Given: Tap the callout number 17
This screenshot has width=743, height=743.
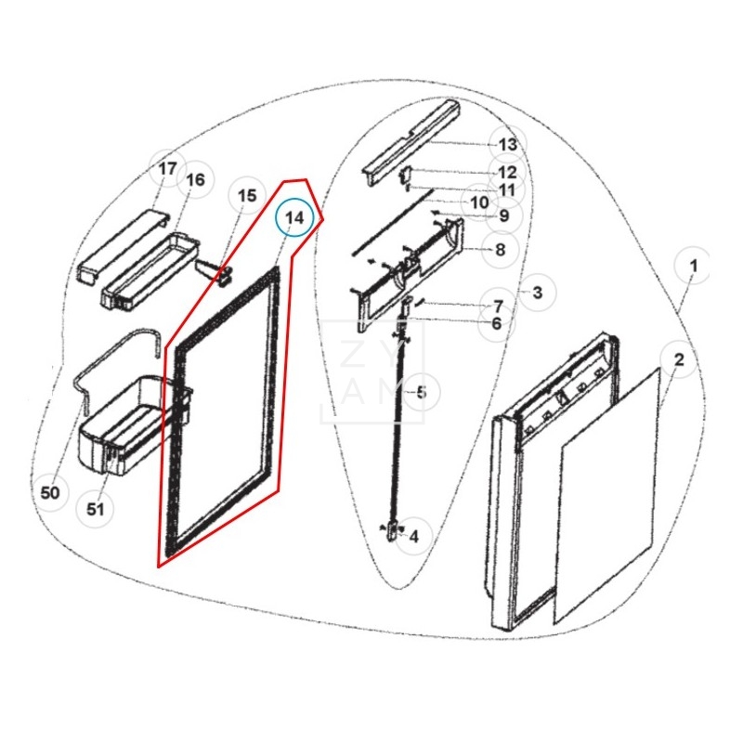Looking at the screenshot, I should point(167,169).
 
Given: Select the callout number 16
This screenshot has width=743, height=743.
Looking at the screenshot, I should point(195,179).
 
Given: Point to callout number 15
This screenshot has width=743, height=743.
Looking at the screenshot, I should point(246,196).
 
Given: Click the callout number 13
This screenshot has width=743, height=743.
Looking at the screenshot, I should point(507,145).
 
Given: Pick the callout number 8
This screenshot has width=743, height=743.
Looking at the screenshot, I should point(500,250).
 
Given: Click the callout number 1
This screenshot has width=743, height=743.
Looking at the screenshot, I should point(692,267).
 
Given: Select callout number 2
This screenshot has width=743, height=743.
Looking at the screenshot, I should point(679,359).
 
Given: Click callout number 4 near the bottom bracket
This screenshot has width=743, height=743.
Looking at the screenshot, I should point(413,536).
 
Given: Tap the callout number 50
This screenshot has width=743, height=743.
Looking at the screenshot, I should point(50,492).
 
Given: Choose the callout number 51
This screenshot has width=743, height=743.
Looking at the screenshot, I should point(95,508).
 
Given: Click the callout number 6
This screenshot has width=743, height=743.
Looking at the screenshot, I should point(496,324).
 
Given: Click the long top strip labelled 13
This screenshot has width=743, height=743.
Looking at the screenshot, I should point(413,139).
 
